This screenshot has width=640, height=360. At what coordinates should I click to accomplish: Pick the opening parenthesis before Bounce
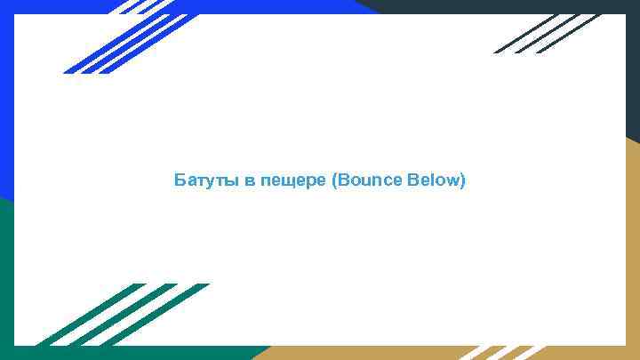click(x=333, y=181)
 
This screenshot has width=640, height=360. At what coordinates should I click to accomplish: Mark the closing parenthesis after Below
click(x=462, y=181)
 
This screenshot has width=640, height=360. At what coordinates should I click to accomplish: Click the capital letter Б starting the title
click(x=180, y=181)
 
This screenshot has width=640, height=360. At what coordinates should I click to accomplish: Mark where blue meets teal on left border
click(x=6, y=201)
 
